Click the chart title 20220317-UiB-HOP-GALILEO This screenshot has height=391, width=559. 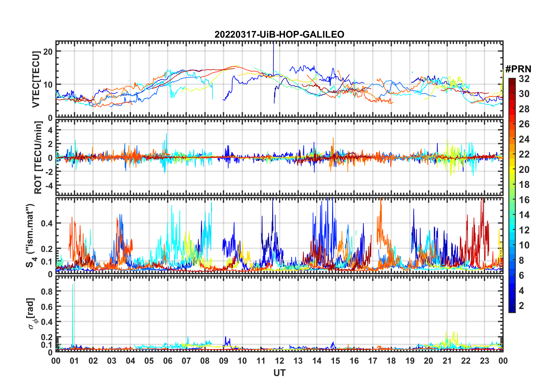click(x=279, y=35)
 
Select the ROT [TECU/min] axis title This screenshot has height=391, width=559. click(x=38, y=158)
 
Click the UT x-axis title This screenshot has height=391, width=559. click(x=279, y=373)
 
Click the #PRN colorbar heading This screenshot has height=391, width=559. click(x=518, y=69)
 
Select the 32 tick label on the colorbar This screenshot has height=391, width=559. click(x=524, y=79)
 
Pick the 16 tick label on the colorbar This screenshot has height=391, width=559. click(x=524, y=200)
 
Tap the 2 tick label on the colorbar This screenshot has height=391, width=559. click(x=521, y=306)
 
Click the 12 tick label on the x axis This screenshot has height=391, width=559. click(x=279, y=361)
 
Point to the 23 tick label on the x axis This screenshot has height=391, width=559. click(x=484, y=361)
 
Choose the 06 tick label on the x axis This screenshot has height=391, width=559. click(x=168, y=361)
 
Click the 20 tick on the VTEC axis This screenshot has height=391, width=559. click(x=48, y=51)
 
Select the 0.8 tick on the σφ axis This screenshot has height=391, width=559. click(x=47, y=291)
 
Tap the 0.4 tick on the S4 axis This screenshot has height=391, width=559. click(x=47, y=223)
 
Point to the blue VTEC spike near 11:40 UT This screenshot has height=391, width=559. click(x=273, y=56)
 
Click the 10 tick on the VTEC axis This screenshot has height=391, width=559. click(x=48, y=85)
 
